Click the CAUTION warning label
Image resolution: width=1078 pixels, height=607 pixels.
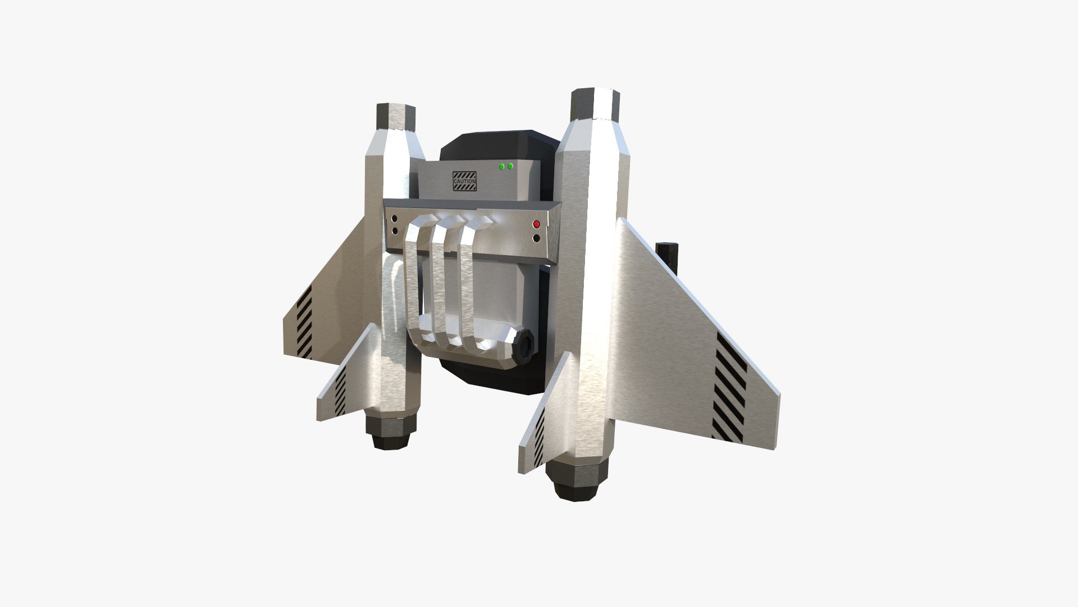click(464, 182)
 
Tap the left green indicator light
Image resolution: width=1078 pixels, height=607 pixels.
click(501, 166)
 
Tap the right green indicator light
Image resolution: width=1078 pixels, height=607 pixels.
click(510, 166)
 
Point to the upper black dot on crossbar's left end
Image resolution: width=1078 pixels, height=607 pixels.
click(395, 218)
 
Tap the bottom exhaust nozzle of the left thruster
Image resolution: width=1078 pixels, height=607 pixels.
click(391, 433)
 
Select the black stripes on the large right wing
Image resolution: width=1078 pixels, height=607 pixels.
click(730, 393)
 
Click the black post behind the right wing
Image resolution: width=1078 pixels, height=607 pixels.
click(666, 258)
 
